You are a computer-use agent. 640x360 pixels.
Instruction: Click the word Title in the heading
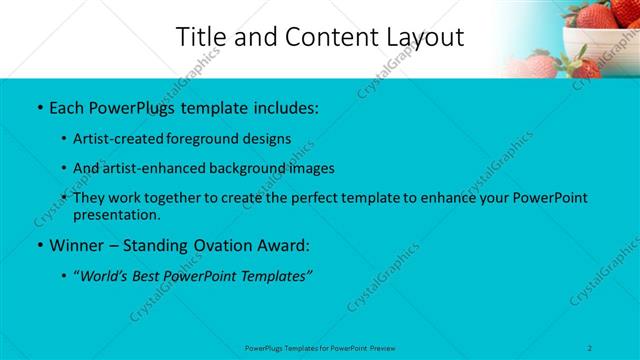200,37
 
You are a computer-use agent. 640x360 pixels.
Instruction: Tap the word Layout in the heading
420,37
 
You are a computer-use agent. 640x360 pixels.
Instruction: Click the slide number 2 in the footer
591,347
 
